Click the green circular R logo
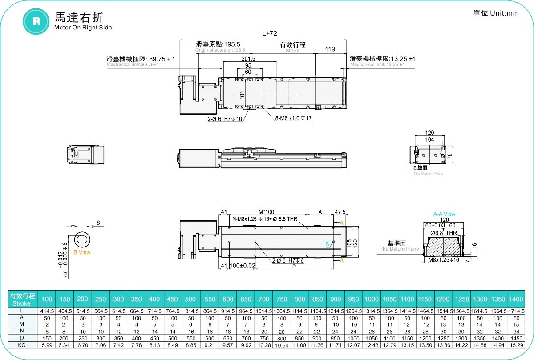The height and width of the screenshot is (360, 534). click(x=36, y=21)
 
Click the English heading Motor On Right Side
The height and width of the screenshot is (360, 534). click(x=83, y=28)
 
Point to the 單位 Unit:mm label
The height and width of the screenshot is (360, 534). click(x=496, y=13)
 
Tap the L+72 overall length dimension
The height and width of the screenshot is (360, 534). click(x=269, y=33)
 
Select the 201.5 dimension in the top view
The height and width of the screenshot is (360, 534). click(x=248, y=59)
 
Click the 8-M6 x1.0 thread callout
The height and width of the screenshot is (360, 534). click(x=293, y=119)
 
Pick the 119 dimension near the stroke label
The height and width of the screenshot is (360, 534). click(x=330, y=49)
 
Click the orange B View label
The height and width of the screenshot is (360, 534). click(x=82, y=252)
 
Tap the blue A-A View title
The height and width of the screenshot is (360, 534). click(x=444, y=214)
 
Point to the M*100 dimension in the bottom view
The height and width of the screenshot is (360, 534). click(x=267, y=211)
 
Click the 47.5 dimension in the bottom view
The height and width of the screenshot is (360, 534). click(x=340, y=211)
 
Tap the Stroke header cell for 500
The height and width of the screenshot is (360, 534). click(x=190, y=299)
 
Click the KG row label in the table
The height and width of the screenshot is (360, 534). click(x=22, y=345)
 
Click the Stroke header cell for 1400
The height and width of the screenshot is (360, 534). click(x=516, y=299)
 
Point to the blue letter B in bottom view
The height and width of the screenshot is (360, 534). click(x=327, y=244)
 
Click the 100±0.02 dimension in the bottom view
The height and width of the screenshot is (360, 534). click(x=243, y=266)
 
